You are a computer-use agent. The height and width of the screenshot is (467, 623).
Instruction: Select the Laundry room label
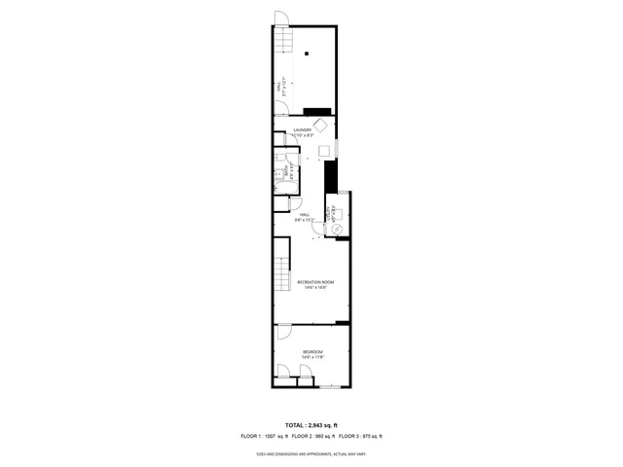303,132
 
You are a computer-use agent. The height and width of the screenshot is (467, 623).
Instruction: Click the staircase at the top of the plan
281,40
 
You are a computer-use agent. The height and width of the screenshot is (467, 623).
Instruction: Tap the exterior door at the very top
279,17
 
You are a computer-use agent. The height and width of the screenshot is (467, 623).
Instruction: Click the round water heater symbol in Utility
337,229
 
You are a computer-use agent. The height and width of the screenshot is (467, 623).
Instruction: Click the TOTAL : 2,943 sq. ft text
311,425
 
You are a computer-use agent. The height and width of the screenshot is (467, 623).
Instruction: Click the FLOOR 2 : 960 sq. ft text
311,436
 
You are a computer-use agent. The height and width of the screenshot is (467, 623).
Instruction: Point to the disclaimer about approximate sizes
311,452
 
